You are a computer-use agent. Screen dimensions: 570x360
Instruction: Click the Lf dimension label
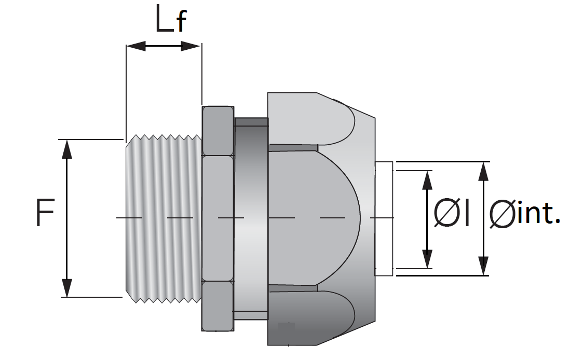click(x=170, y=19)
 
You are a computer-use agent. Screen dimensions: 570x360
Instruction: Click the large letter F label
click(x=45, y=213)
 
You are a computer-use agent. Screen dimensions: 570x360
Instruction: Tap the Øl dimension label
click(x=452, y=214)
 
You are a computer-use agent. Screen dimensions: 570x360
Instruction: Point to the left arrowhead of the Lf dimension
click(x=135, y=46)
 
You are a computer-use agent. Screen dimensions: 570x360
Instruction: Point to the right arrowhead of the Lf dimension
click(x=191, y=46)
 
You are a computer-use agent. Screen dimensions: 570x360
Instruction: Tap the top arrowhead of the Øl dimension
click(x=427, y=180)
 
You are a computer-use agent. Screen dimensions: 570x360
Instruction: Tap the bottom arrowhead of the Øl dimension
click(x=427, y=259)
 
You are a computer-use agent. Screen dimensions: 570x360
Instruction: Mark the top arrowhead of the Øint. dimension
click(x=483, y=172)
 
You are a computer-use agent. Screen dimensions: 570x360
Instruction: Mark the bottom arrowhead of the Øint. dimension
click(x=483, y=266)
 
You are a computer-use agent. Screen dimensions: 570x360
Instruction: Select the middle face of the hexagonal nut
click(x=218, y=218)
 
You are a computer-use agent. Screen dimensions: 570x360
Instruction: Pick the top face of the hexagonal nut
click(x=218, y=131)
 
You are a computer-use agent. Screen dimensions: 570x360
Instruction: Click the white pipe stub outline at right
click(x=384, y=218)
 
